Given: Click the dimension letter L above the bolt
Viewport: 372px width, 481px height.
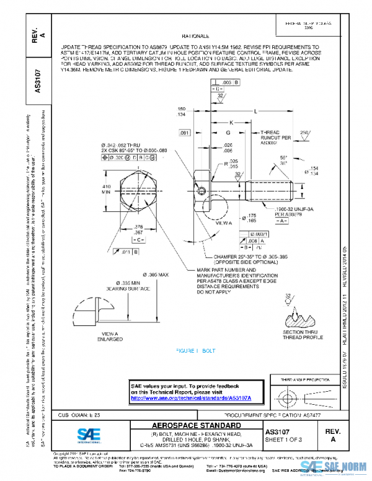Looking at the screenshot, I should pyautogui.click(x=255, y=111).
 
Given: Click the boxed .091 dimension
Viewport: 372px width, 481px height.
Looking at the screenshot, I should pyautogui.click(x=184, y=133).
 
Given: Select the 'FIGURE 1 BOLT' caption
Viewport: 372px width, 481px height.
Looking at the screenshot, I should pyautogui.click(x=196, y=350).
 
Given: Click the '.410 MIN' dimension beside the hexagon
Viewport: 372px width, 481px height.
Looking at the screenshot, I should pyautogui.click(x=106, y=189).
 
